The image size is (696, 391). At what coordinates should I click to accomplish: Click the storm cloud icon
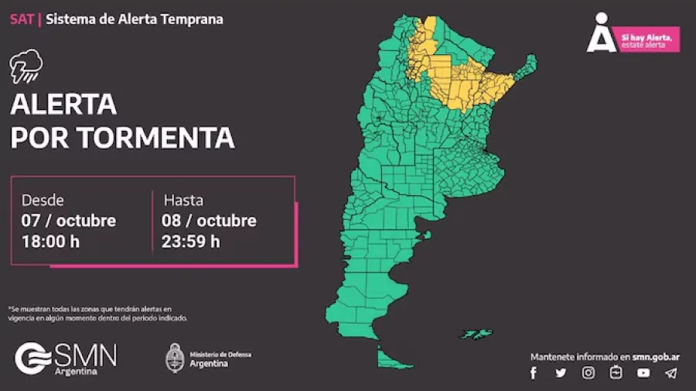[x=26, y=66]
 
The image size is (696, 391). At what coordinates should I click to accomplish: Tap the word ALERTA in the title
[x=63, y=104]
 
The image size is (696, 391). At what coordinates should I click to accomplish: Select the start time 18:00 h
[x=50, y=241]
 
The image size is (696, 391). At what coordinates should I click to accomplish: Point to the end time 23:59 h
[x=190, y=241]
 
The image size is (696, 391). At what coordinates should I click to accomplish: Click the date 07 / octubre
[x=69, y=220]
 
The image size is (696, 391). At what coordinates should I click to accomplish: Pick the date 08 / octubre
[x=209, y=220]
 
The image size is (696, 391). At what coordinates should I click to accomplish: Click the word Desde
[x=43, y=200]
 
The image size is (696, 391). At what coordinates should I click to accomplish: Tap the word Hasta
[x=183, y=200]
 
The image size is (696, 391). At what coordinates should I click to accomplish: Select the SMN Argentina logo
[x=66, y=358]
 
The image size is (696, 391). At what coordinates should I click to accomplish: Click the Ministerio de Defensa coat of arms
[x=175, y=358]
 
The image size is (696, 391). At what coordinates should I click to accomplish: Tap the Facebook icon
[x=533, y=373]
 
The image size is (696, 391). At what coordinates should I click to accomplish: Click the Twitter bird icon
[x=561, y=373]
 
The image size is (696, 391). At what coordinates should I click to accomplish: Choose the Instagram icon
[x=589, y=373]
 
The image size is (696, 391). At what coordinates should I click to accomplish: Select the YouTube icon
[x=643, y=373]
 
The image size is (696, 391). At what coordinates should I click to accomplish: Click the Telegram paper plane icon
[x=670, y=373]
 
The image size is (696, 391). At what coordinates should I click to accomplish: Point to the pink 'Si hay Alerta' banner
[x=649, y=39]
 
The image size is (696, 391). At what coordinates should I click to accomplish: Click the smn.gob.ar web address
[x=656, y=356]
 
